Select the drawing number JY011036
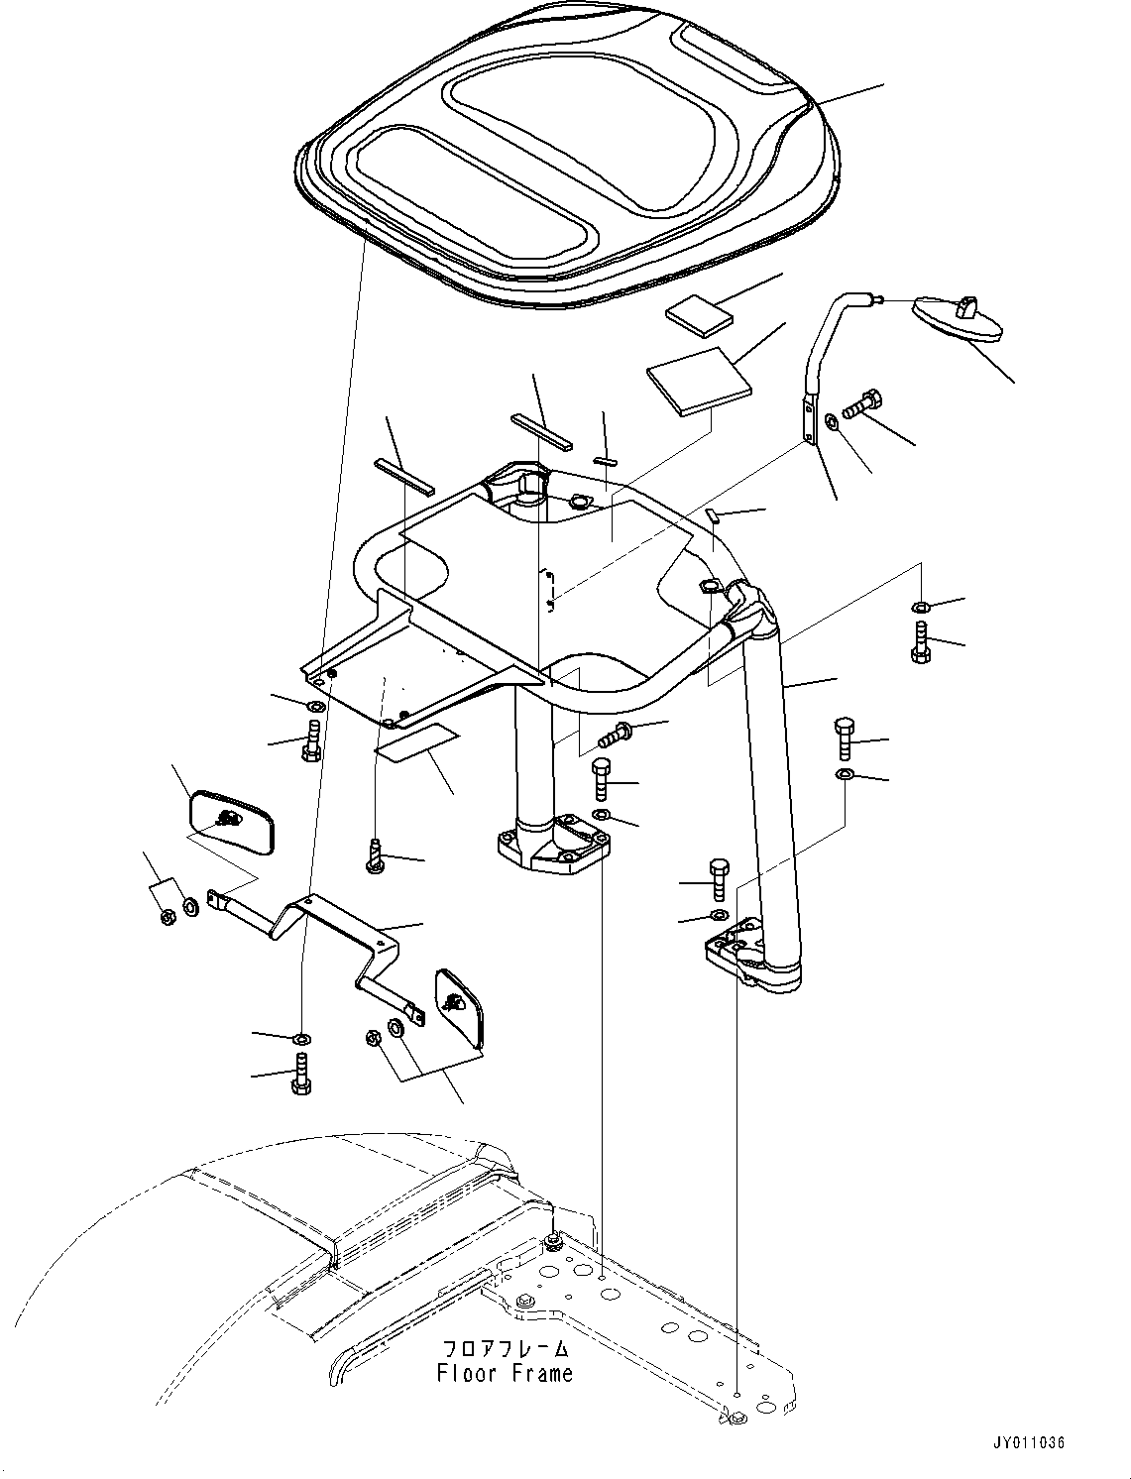(1026, 1443)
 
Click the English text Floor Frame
(505, 1373)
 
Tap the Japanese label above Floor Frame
(505, 1348)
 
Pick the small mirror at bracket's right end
(459, 1005)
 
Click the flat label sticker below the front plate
(416, 743)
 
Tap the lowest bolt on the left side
(300, 1075)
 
